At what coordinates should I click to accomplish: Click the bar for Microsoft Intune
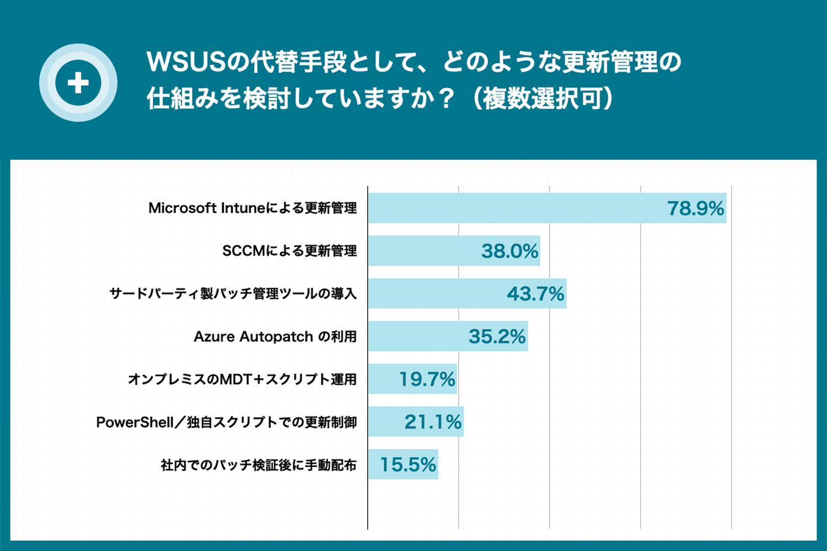(x=513, y=208)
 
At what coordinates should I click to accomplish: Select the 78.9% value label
(x=695, y=208)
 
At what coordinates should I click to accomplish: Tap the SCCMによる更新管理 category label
(x=289, y=251)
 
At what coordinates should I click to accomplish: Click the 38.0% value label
(x=509, y=251)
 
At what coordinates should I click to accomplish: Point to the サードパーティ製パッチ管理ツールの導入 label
(x=233, y=294)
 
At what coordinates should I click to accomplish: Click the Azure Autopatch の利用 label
(x=275, y=337)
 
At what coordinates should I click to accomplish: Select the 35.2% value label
(x=497, y=337)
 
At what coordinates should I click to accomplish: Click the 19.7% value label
(x=427, y=379)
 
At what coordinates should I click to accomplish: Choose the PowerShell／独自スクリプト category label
(x=226, y=423)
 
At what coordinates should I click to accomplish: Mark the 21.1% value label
(x=433, y=422)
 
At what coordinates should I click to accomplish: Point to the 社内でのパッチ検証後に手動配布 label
(x=259, y=465)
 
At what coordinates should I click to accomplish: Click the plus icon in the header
(x=78, y=83)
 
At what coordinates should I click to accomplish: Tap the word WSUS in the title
(x=186, y=62)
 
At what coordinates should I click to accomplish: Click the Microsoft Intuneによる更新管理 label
(x=253, y=208)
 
